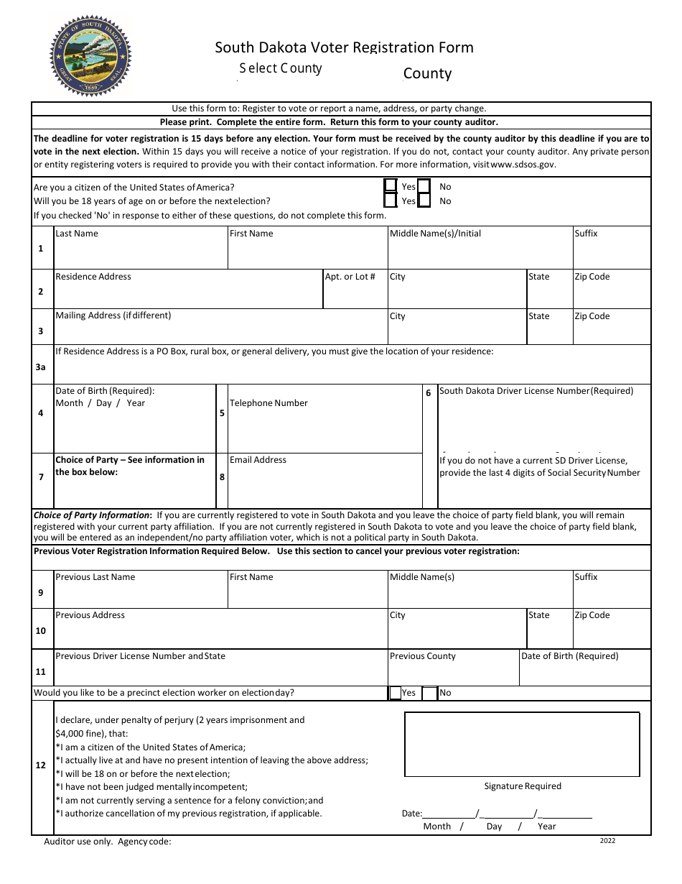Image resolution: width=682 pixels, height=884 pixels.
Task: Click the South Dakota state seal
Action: coord(90,56)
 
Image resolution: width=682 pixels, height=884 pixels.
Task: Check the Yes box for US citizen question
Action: coord(391,186)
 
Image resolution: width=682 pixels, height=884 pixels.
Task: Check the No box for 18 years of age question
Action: coord(424,201)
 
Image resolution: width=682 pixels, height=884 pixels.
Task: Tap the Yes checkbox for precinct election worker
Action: coord(395,693)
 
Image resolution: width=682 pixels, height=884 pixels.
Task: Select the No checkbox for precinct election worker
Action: coord(429,693)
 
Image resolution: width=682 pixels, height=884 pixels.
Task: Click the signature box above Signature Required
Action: coord(522,744)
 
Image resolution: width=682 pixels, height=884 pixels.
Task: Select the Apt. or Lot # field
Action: coord(355,293)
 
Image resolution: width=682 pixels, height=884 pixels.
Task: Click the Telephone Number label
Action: coord(268,403)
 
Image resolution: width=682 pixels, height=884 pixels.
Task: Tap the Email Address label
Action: coord(258,460)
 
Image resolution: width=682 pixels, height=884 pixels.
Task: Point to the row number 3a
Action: coord(41,367)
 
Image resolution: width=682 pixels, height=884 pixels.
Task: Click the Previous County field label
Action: coord(422,656)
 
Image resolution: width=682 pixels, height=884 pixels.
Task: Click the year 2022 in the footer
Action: coord(607,841)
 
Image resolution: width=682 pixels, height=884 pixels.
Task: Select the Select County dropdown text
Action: coord(281,68)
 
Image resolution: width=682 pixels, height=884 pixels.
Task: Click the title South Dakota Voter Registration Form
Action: coord(344,47)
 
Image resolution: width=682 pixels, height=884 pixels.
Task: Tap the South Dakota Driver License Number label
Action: coord(536,391)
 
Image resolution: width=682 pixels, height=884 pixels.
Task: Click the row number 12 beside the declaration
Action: coord(41,765)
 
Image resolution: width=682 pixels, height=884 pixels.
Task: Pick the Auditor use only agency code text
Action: coord(108,842)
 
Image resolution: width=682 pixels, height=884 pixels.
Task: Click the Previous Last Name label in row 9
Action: coord(95,577)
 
